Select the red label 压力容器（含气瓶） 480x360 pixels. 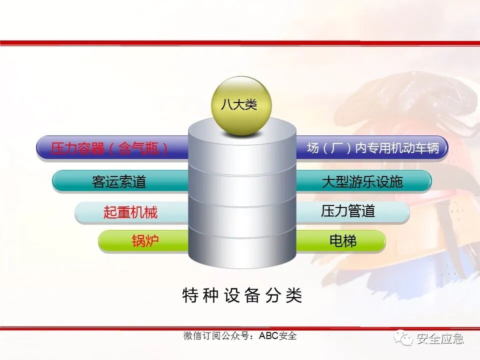click(x=109, y=148)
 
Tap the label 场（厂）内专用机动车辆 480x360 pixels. click(x=372, y=148)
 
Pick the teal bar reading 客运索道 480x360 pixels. click(x=119, y=181)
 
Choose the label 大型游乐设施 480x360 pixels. click(x=362, y=181)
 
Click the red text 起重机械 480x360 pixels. click(x=130, y=212)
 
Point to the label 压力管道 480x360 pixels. click(x=348, y=211)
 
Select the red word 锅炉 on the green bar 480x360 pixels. click(x=145, y=241)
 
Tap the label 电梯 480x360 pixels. click(x=343, y=241)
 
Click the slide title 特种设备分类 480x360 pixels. click(x=242, y=295)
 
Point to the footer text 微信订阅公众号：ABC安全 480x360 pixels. click(x=240, y=336)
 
